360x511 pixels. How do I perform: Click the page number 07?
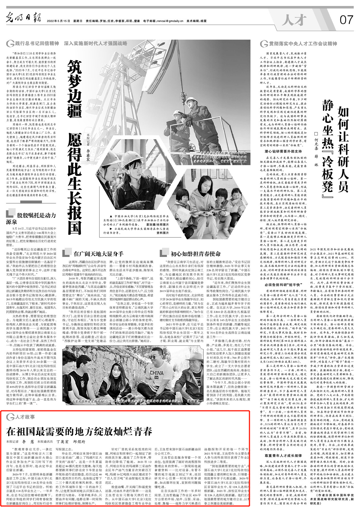click(346, 20)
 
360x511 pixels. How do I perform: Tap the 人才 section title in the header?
click(294, 20)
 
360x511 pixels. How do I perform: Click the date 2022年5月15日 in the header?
click(58, 21)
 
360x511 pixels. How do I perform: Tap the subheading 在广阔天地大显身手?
click(98, 254)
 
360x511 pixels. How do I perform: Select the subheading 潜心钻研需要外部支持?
click(283, 151)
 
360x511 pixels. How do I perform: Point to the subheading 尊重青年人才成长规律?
click(283, 456)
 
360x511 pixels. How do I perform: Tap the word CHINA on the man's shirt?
click(157, 373)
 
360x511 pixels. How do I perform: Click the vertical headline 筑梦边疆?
click(75, 89)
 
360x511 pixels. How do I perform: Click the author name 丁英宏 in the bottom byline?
click(62, 442)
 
